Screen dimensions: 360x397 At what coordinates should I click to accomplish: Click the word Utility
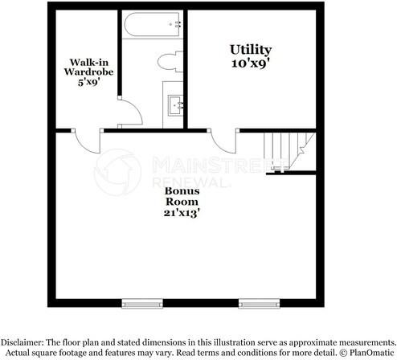click(x=251, y=50)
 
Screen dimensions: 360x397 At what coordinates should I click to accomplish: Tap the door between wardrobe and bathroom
click(x=130, y=111)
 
